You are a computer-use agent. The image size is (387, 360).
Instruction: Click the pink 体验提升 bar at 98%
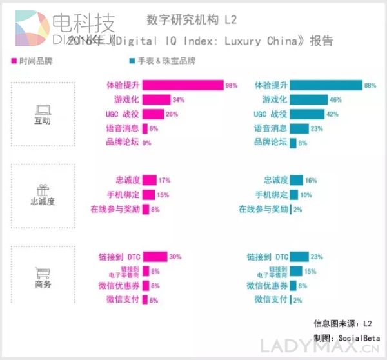click(x=182, y=85)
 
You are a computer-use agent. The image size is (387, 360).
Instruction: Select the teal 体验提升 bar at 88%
click(x=325, y=85)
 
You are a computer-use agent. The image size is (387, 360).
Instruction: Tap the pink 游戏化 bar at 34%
click(x=155, y=100)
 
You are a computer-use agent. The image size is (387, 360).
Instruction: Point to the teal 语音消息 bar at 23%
click(x=299, y=128)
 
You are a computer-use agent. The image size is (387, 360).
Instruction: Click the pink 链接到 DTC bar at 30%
click(x=154, y=256)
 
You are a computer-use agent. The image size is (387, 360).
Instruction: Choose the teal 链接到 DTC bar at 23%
click(x=298, y=256)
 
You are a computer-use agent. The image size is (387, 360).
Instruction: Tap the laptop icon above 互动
click(x=43, y=109)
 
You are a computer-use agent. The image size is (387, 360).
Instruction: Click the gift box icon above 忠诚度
click(x=43, y=190)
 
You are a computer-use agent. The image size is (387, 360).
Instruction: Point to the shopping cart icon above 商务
click(x=43, y=273)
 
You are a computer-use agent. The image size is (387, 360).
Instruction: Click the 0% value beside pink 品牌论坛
click(x=146, y=143)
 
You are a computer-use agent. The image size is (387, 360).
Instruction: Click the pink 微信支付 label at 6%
click(x=123, y=299)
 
